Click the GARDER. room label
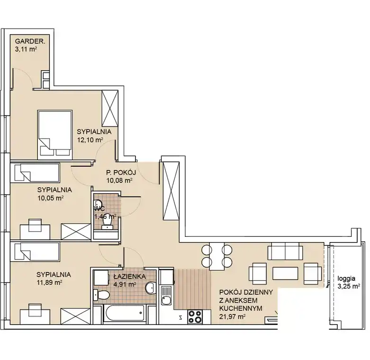click(30, 42)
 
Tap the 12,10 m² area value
click(90, 140)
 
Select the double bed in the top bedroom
click(55, 133)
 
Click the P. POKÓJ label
click(121, 172)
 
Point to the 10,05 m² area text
click(51, 198)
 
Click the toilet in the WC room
click(108, 223)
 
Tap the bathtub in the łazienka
click(124, 313)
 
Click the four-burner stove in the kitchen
click(195, 316)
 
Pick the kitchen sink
click(166, 296)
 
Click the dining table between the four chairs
click(217, 256)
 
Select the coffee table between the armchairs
click(285, 273)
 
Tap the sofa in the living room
click(285, 251)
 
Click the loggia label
click(346, 279)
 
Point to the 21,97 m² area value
click(232, 316)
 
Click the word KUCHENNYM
click(241, 308)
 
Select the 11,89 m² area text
click(49, 282)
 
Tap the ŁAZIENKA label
click(129, 277)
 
